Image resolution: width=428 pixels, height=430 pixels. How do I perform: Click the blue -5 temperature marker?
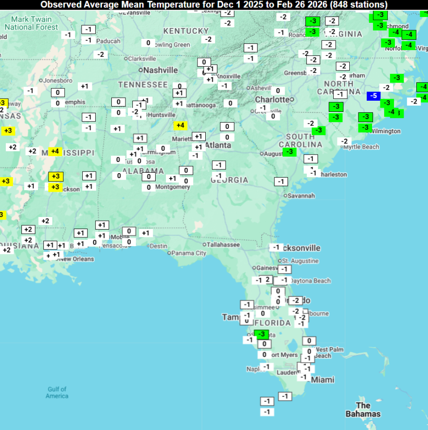374,95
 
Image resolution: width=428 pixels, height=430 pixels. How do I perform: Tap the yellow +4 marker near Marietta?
180,125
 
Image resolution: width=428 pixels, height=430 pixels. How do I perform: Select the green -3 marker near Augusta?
290,152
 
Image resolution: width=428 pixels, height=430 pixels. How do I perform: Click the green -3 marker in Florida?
262,334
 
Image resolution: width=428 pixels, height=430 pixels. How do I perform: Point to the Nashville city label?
160,70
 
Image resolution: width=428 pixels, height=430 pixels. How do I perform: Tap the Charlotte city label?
272,99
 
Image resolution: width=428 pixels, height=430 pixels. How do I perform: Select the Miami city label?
323,379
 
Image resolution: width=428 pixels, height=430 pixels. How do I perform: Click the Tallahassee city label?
223,245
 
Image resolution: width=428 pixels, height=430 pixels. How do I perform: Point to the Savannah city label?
302,196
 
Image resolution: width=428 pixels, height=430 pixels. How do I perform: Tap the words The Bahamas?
363,410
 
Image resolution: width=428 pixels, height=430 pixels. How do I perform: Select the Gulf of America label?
57,393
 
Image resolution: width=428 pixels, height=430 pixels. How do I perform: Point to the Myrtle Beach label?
361,147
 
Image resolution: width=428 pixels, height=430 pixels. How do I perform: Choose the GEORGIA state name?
229,180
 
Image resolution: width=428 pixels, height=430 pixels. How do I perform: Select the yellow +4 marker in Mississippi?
55,151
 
